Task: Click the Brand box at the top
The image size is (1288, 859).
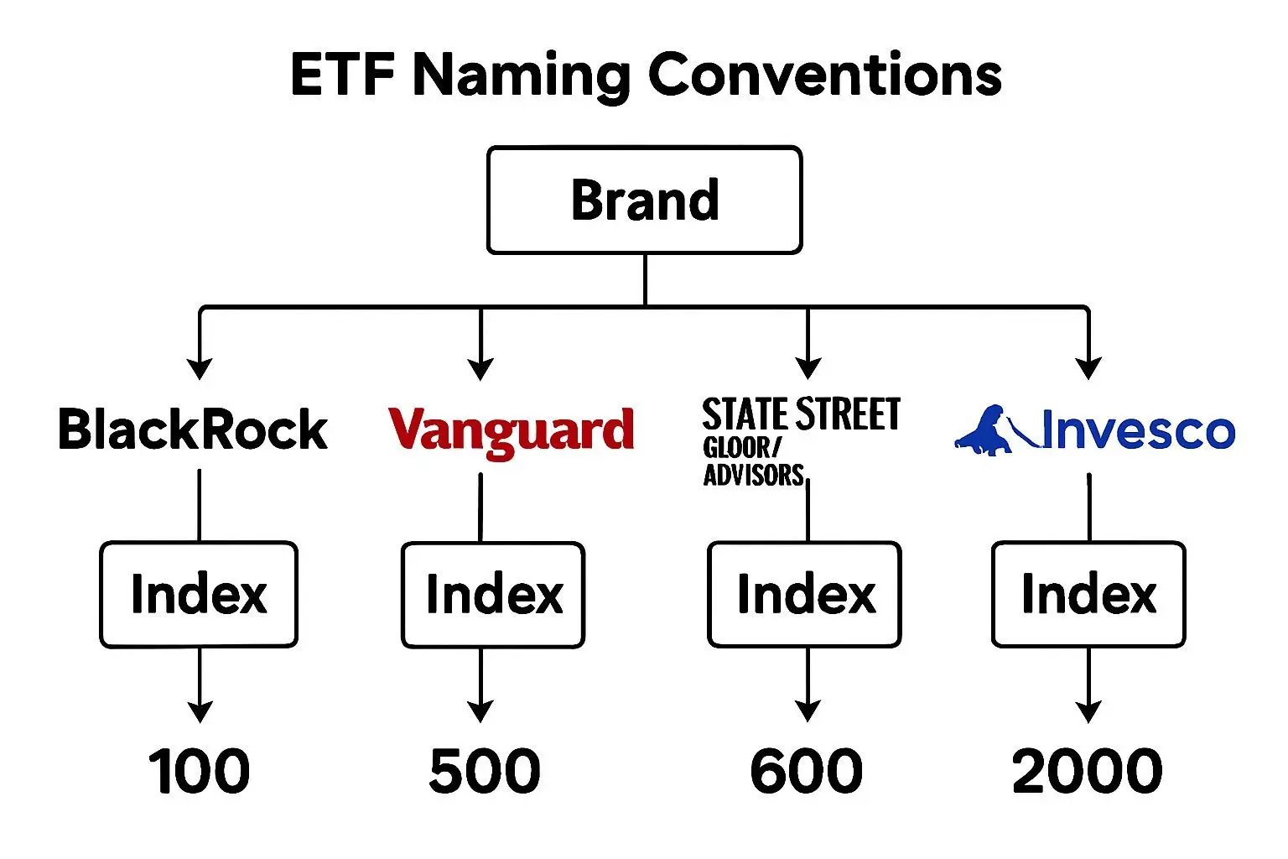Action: (644, 200)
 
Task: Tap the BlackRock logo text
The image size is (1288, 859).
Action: (193, 430)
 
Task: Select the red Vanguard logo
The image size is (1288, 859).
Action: (511, 431)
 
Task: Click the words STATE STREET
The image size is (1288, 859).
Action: (801, 415)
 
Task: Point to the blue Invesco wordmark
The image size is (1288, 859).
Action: (1138, 431)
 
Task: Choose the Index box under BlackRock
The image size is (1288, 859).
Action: (199, 595)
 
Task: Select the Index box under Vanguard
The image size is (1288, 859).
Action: (493, 595)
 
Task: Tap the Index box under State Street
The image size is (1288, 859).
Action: (805, 595)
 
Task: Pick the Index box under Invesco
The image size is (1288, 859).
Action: (1088, 595)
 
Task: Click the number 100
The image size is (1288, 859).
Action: (199, 771)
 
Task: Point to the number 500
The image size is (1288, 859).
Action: (484, 771)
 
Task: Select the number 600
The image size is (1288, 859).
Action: (806, 771)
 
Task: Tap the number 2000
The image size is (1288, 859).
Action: (1087, 771)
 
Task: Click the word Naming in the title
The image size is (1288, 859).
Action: (521, 75)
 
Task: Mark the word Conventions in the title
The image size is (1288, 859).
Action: (825, 75)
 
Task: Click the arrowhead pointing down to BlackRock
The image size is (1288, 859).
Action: (200, 368)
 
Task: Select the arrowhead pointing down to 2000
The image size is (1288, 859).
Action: (1088, 711)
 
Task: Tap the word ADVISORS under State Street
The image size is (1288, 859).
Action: (753, 476)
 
